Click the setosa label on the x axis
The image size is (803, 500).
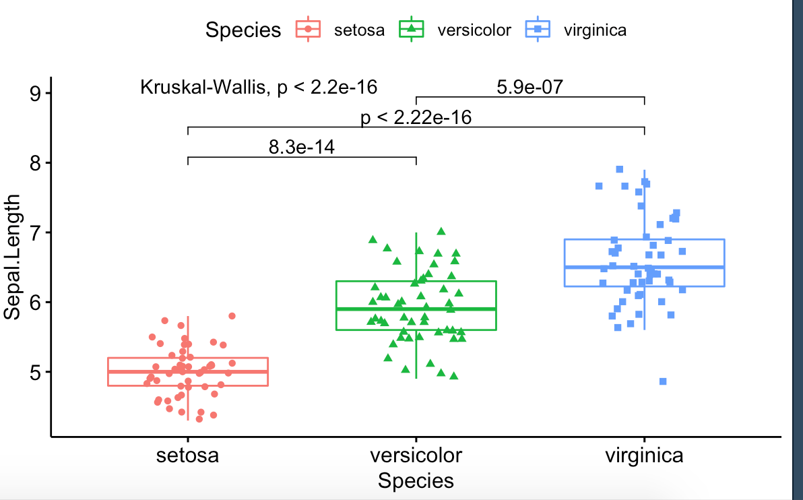(187, 456)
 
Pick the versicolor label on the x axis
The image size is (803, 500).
(416, 456)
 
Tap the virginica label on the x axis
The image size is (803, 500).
(644, 456)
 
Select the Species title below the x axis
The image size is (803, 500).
(416, 481)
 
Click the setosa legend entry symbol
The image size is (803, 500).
(309, 29)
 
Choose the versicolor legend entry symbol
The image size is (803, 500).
(411, 29)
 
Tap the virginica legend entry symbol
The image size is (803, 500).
(536, 29)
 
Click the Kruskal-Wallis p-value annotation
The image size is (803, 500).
(259, 88)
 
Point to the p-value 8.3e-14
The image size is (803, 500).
(302, 147)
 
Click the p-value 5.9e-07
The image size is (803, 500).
(529, 87)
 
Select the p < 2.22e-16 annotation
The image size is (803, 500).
(416, 118)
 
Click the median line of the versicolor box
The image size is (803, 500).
(416, 309)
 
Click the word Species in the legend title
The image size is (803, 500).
(243, 30)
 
